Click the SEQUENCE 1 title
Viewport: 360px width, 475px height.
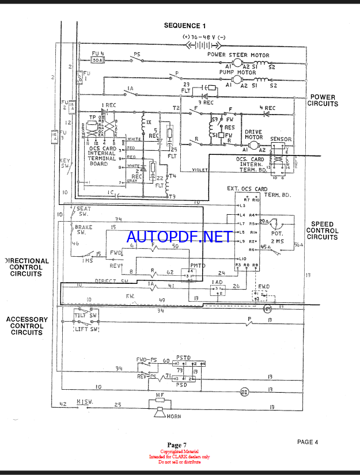(x=184, y=25)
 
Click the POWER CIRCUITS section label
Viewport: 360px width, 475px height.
(x=323, y=101)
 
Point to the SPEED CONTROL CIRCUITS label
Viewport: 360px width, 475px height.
(x=323, y=230)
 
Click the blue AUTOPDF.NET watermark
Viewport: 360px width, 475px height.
(x=179, y=237)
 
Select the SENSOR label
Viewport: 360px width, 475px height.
(x=281, y=139)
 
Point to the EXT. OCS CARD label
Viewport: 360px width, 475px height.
(x=247, y=189)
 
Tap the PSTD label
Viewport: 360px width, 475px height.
(x=184, y=358)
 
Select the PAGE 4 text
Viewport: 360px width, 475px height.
(x=308, y=442)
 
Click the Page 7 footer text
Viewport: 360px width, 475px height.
(x=177, y=444)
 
